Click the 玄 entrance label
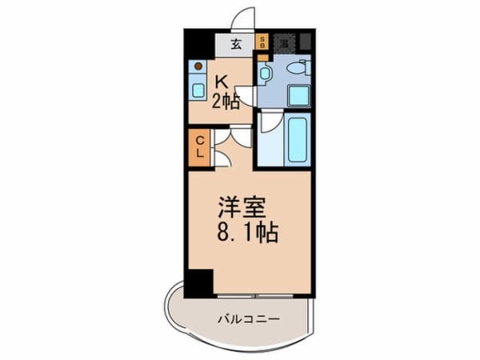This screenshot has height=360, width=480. (x=237, y=44)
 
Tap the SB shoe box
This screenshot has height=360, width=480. (x=262, y=44)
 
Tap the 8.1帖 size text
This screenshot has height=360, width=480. (x=245, y=234)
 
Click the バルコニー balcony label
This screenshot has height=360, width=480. (x=249, y=318)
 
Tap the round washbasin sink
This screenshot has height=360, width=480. (x=266, y=73)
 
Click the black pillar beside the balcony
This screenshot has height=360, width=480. (x=199, y=283)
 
